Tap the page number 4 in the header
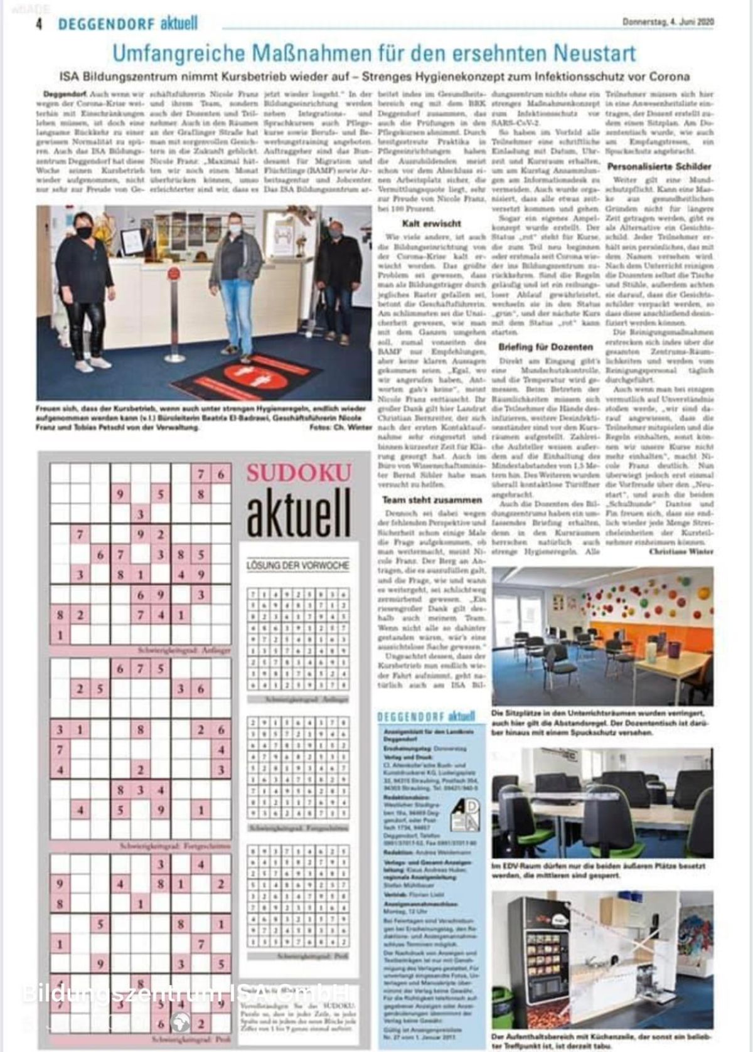coord(39,24)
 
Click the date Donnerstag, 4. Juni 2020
coord(668,22)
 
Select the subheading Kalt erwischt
coord(431,223)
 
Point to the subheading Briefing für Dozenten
coord(545,346)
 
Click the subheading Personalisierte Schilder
coord(659,167)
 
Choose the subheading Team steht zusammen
coord(432,500)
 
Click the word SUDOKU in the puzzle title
coord(298,473)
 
